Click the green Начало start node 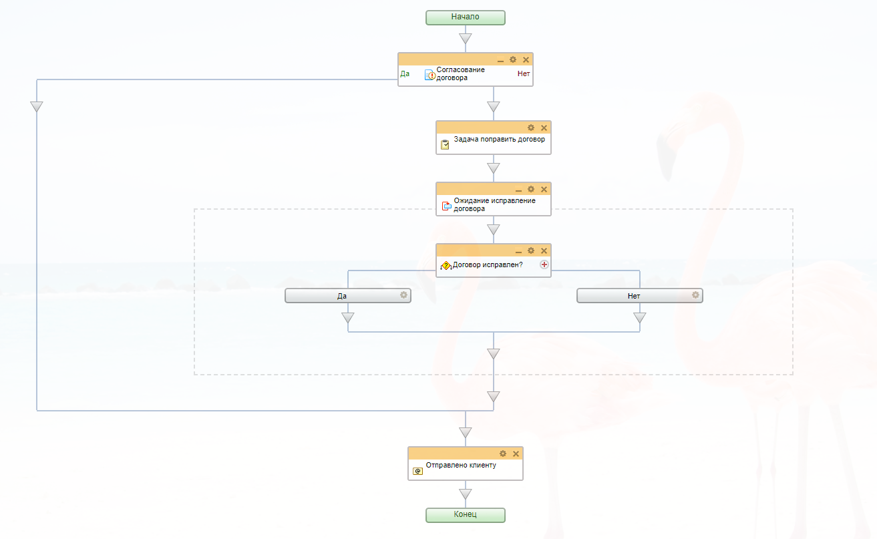pyautogui.click(x=466, y=17)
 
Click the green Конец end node pyautogui.click(x=466, y=515)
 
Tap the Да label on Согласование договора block pyautogui.click(x=405, y=73)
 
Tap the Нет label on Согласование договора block pyautogui.click(x=524, y=73)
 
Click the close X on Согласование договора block pyautogui.click(x=526, y=60)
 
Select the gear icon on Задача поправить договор pyautogui.click(x=531, y=128)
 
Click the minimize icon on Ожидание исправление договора pyautogui.click(x=518, y=190)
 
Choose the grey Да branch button pyautogui.click(x=343, y=295)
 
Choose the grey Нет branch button pyautogui.click(x=634, y=295)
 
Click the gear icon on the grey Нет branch pyautogui.click(x=695, y=295)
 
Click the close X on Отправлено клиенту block pyautogui.click(x=516, y=454)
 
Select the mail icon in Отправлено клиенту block pyautogui.click(x=417, y=471)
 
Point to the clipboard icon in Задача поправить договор pyautogui.click(x=445, y=144)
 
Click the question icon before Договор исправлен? pyautogui.click(x=446, y=266)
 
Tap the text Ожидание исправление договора pyautogui.click(x=494, y=204)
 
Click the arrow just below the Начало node pyautogui.click(x=466, y=39)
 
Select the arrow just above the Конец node pyautogui.click(x=466, y=494)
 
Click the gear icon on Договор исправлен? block pyautogui.click(x=531, y=250)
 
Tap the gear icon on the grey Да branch pyautogui.click(x=403, y=295)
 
